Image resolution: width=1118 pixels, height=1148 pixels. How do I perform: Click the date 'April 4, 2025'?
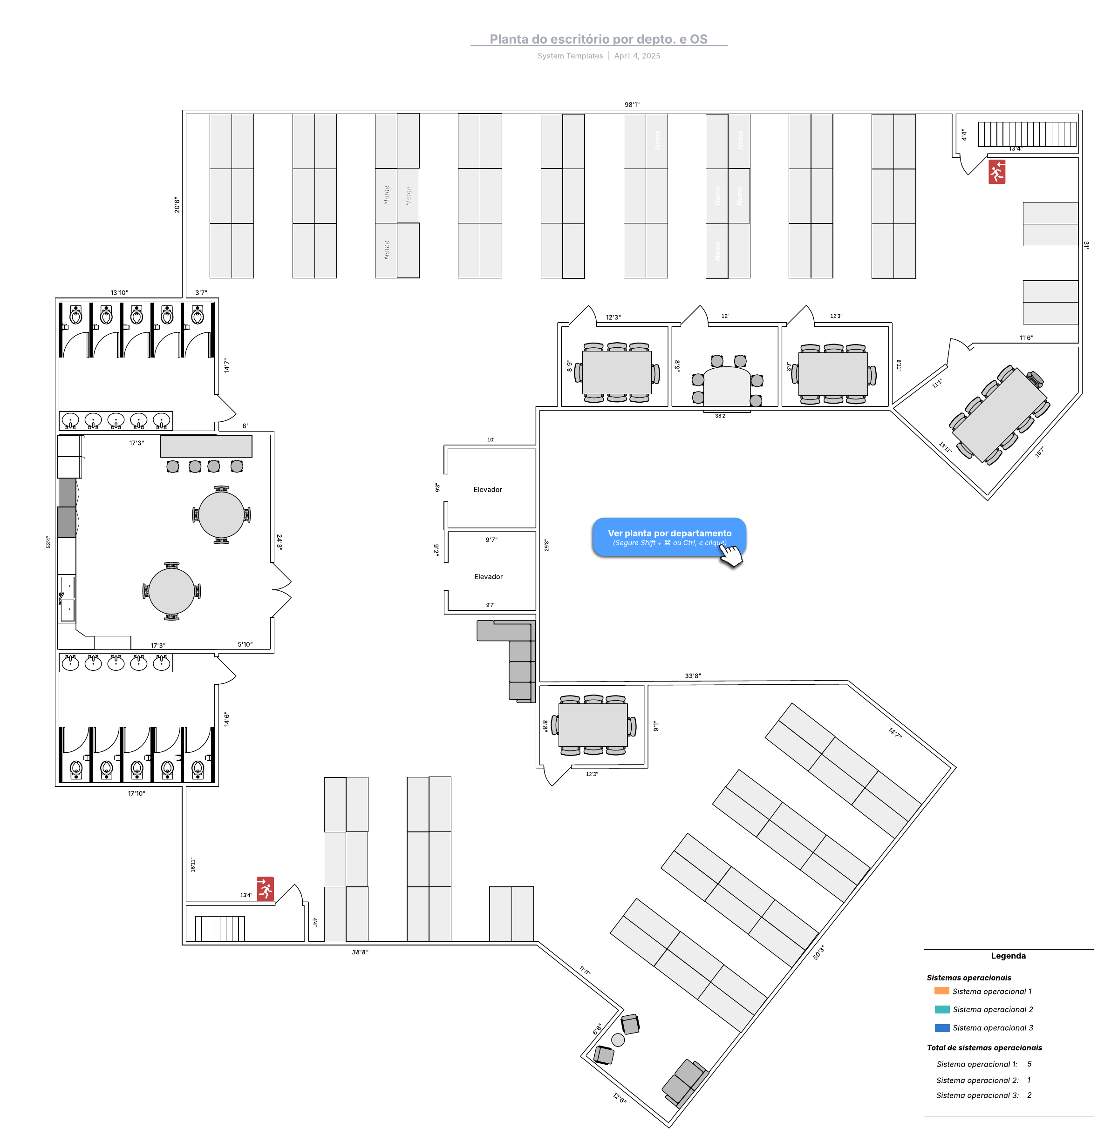pos(637,56)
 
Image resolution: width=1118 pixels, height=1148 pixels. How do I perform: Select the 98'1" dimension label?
pos(632,104)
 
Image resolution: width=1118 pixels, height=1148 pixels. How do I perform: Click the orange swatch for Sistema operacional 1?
pos(941,991)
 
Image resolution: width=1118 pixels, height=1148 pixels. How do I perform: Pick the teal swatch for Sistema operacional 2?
pos(941,1009)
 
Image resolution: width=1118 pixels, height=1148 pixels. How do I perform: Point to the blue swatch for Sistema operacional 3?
pos(941,1027)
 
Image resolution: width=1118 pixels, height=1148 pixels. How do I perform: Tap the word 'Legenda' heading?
pos(1008,955)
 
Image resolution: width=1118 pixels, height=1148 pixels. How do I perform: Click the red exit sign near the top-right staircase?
pos(996,172)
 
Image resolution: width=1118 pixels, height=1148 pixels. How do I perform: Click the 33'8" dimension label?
pos(692,675)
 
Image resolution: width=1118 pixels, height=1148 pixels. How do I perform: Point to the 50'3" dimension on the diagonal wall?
pos(818,952)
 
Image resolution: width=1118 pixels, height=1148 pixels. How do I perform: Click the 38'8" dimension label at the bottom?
pos(360,952)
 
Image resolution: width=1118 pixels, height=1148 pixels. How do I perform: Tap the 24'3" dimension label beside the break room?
pos(279,541)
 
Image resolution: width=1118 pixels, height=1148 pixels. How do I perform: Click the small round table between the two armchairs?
pos(618,1040)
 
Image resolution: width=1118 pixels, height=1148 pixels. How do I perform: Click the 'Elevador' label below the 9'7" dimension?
pos(488,576)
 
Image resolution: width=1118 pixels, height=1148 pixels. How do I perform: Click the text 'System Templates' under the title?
pos(570,56)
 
